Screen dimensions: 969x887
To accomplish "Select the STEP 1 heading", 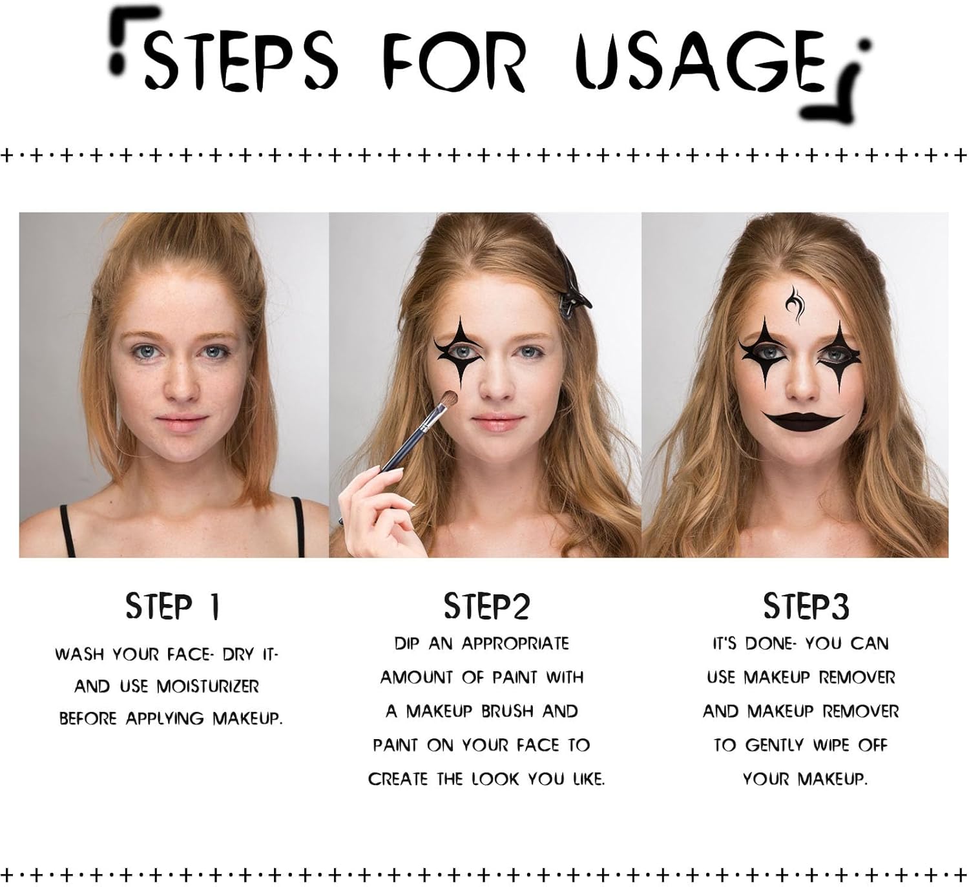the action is (x=172, y=607).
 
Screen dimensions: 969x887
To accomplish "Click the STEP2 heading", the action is (x=486, y=607).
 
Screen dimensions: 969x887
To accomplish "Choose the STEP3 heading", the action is (x=806, y=607).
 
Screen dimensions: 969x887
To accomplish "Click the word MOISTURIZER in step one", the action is (x=208, y=687).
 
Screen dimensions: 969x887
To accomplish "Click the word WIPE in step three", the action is (x=831, y=746).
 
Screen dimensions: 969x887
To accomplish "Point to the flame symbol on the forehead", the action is (x=795, y=304).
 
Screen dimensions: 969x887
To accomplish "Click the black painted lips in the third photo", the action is (x=803, y=423).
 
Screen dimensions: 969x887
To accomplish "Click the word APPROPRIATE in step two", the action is (x=516, y=643).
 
